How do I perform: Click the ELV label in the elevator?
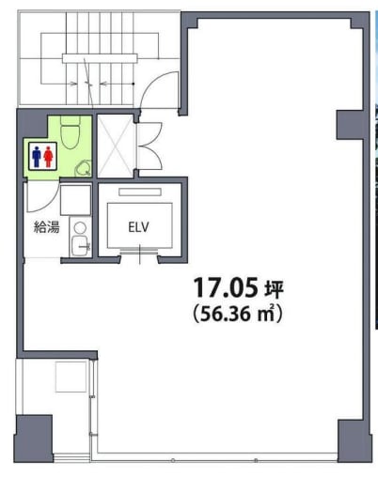pyautogui.click(x=138, y=227)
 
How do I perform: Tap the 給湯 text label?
pyautogui.click(x=46, y=227)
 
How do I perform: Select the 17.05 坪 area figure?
pyautogui.click(x=238, y=287)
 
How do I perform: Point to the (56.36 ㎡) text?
pyautogui.click(x=238, y=314)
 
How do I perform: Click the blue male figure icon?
pyautogui.click(x=37, y=157)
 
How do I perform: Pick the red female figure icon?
pyautogui.click(x=48, y=157)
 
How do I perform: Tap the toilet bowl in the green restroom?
pyautogui.click(x=71, y=132)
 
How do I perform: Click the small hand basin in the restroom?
pyautogui.click(x=83, y=168)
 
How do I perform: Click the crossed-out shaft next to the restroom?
pyautogui.click(x=116, y=146)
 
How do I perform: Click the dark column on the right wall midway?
pyautogui.click(x=350, y=125)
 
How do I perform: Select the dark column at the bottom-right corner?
pyautogui.click(x=354, y=441)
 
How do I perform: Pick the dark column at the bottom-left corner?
pyautogui.click(x=34, y=439)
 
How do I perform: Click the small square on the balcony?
pyautogui.click(x=71, y=377)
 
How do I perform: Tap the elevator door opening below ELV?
pyautogui.click(x=140, y=251)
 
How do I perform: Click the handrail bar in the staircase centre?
pyautogui.click(x=100, y=58)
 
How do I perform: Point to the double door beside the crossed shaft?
pyautogui.click(x=150, y=146)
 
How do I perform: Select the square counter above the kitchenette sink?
pyautogui.click(x=75, y=200)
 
